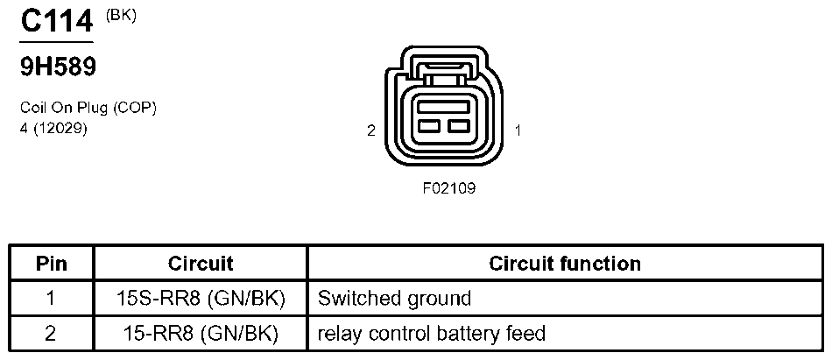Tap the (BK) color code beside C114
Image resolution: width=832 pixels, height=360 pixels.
121,15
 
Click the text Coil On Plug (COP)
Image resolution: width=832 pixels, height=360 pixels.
88,108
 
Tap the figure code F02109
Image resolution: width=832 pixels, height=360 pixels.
448,187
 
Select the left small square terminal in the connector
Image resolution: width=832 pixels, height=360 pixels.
428,126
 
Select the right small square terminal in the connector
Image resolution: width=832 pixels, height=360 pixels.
455,126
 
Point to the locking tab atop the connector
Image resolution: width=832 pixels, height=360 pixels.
442,67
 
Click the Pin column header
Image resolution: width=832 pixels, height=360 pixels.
51,264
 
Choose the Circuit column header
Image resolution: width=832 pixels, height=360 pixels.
201,264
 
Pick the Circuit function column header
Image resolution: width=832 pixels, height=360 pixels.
565,264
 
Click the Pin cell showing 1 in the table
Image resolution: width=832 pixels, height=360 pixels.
51,299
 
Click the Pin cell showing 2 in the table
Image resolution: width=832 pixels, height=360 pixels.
51,334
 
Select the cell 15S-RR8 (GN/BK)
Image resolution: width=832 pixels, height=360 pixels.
201,299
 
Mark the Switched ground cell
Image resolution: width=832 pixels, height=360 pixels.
394,299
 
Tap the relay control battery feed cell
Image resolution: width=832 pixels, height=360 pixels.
432,334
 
